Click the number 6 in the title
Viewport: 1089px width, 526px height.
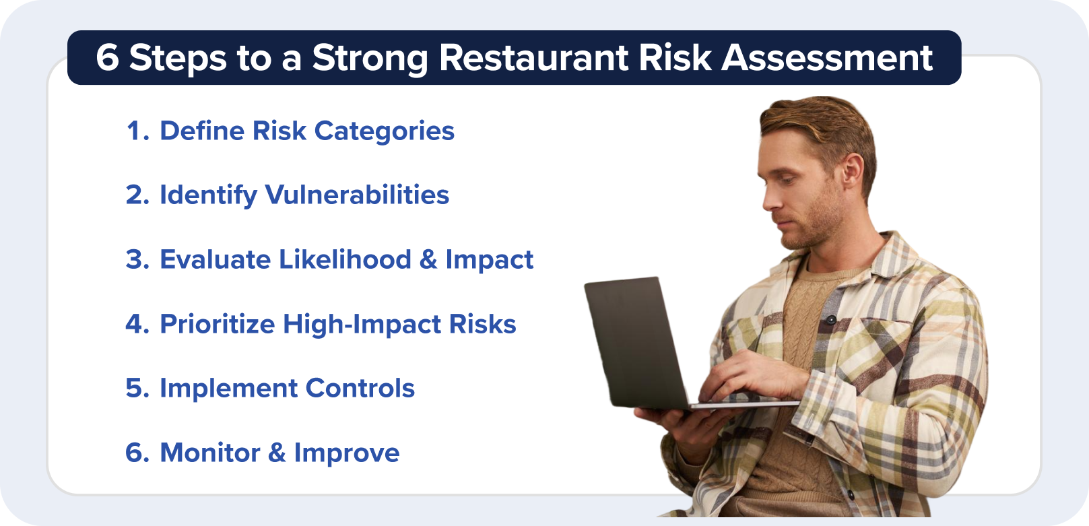coord(107,58)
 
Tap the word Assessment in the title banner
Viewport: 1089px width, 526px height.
coord(827,58)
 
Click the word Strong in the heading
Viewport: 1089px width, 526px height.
coord(370,58)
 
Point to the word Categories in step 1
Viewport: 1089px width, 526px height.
coord(384,131)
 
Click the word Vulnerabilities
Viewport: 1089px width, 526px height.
coord(357,195)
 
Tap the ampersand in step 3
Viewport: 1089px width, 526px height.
coord(428,260)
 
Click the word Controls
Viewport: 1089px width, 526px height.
coord(360,389)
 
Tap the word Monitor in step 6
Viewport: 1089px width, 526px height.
coord(209,453)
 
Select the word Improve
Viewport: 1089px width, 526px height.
coord(346,453)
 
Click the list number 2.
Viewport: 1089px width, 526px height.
coord(136,195)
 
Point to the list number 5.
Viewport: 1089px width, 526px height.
coord(136,389)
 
